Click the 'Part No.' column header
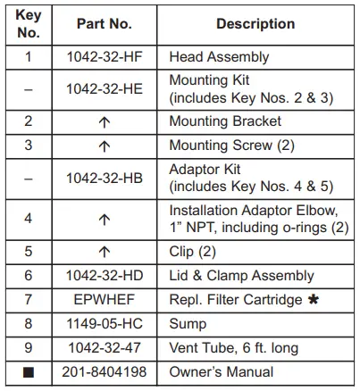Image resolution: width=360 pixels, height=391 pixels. click(105, 24)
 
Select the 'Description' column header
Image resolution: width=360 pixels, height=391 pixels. click(255, 24)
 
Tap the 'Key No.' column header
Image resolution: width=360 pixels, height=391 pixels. click(29, 24)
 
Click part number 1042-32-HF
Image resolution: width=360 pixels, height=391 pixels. click(105, 57)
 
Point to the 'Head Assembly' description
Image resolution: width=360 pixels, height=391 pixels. click(219, 57)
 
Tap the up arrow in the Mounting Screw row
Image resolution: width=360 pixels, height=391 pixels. click(105, 145)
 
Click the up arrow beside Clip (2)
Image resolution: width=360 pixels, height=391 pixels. click(105, 253)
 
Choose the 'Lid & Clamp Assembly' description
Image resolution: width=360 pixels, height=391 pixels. click(241, 276)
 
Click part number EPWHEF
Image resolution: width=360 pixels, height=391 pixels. click(105, 300)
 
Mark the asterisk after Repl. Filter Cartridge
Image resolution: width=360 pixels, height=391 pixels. click(337, 299)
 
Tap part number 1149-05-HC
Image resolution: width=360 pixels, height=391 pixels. click(105, 324)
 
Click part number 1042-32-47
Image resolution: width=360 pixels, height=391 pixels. click(105, 348)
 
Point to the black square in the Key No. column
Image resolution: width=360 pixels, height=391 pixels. click(29, 372)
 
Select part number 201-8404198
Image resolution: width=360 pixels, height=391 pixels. click(105, 371)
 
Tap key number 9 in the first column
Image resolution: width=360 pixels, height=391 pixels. click(29, 348)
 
